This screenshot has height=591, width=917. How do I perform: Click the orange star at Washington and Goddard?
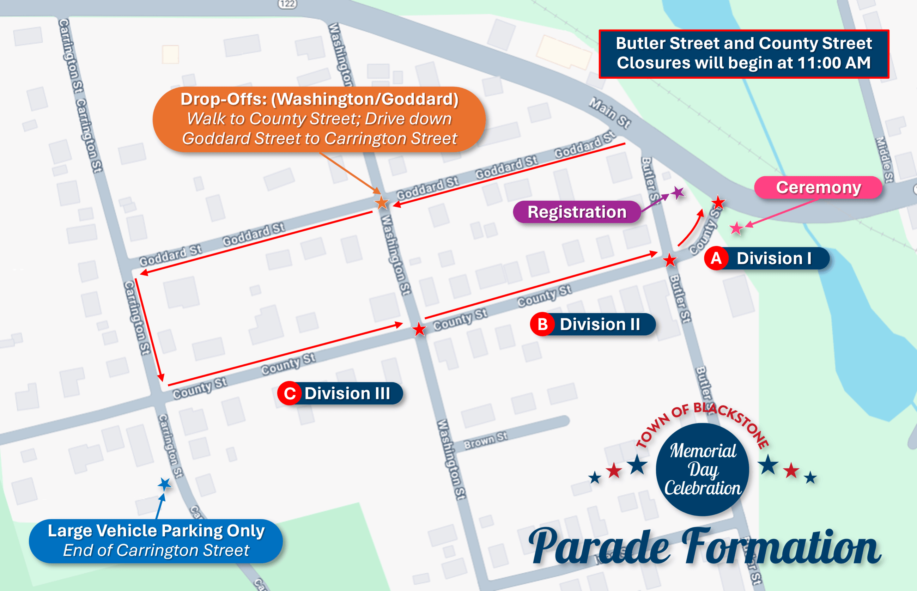pos(382,203)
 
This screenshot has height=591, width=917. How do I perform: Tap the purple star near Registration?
pos(678,193)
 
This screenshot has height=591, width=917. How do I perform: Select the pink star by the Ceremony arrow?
pos(736,229)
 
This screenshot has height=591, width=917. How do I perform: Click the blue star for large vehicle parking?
pos(165,484)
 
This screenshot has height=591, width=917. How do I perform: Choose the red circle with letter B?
pos(542,325)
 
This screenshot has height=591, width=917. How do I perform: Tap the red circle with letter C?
pos(290,394)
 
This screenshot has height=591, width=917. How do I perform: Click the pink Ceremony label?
pos(818,188)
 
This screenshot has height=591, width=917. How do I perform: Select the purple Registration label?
pos(577,212)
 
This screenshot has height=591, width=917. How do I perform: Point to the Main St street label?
pos(610,113)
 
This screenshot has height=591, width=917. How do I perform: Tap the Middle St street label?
pos(884,159)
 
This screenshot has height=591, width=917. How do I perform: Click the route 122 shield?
pos(287,4)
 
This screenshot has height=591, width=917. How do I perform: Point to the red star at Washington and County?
pos(419,329)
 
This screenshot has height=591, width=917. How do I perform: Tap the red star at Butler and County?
pos(670,260)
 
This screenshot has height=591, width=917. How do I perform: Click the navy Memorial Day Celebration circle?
pos(703,469)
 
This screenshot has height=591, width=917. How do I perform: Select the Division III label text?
pos(347,394)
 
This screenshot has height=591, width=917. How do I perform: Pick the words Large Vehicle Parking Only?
pos(156,531)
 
